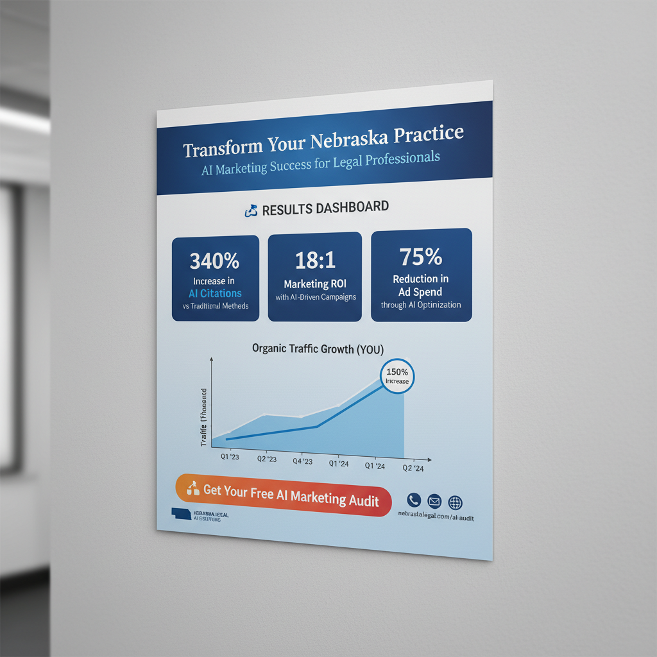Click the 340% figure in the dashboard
pyautogui.click(x=214, y=261)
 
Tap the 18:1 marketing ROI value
pyautogui.click(x=314, y=260)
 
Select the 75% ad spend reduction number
pyautogui.click(x=421, y=257)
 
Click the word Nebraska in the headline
pyautogui.click(x=352, y=139)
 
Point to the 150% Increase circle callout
pyautogui.click(x=397, y=377)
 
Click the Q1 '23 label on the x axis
pyautogui.click(x=231, y=457)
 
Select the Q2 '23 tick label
pyautogui.click(x=266, y=459)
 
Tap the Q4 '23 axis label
pyautogui.click(x=302, y=461)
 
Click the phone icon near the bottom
pyautogui.click(x=414, y=500)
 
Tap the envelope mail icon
pyautogui.click(x=434, y=501)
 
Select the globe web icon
pyautogui.click(x=455, y=503)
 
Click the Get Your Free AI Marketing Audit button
pyautogui.click(x=283, y=495)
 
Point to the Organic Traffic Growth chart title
pyautogui.click(x=318, y=349)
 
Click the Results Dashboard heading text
pyautogui.click(x=325, y=208)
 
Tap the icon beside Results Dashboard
pyautogui.click(x=251, y=210)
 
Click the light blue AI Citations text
pyautogui.click(x=211, y=293)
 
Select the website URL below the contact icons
pyautogui.click(x=435, y=516)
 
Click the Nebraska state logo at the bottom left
pyautogui.click(x=182, y=513)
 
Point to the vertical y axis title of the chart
pyautogui.click(x=204, y=418)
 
